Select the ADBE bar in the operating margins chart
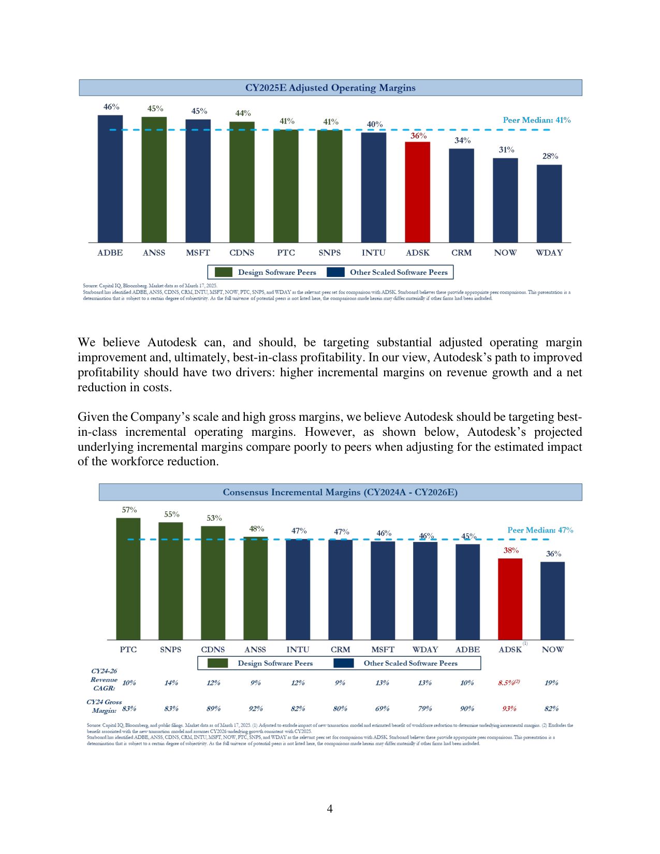click(x=110, y=179)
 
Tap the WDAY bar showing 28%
click(x=549, y=203)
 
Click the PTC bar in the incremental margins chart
click(x=128, y=579)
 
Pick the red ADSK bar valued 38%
click(x=510, y=599)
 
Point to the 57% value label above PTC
click(x=129, y=510)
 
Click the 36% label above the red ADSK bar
click(x=418, y=136)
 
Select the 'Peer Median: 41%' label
click(x=537, y=120)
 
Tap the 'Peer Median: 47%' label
click(x=540, y=530)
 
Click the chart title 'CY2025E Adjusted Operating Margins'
click(x=330, y=88)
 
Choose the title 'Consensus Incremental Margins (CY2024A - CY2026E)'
click(x=340, y=492)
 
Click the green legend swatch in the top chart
click(x=224, y=272)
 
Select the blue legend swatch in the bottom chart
click(x=344, y=663)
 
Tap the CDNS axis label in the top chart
click(x=242, y=253)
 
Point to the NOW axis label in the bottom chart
click(x=552, y=650)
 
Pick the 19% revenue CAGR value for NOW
click(x=551, y=683)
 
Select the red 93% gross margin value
click(x=509, y=709)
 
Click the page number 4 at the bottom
click(x=330, y=809)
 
